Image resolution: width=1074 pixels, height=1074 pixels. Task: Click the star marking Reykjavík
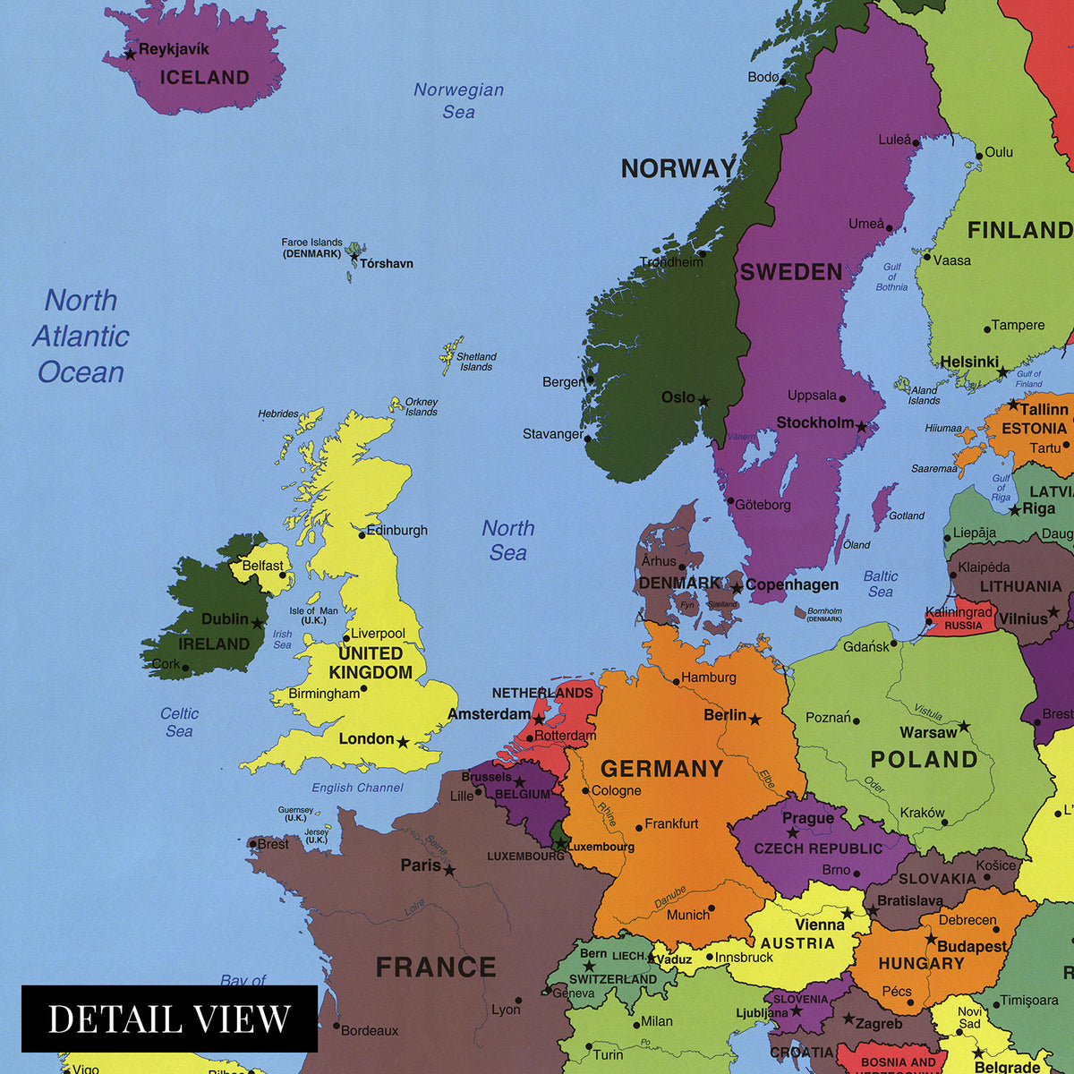pos(130,54)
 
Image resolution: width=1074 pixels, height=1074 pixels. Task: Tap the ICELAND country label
pos(204,78)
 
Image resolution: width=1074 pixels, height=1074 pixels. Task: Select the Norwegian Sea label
pos(458,100)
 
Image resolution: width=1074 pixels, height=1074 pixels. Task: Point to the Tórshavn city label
pos(387,263)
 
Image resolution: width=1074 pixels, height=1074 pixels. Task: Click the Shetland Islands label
pos(476,362)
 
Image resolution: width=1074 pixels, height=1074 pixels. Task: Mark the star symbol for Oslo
pos(704,401)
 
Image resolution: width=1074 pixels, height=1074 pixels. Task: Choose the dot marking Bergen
pos(590,379)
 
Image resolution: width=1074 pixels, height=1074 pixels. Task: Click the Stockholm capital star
pos(862,427)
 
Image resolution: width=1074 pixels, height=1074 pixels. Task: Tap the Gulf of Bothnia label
pos(891,277)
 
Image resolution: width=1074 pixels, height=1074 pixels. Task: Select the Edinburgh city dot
pos(362,534)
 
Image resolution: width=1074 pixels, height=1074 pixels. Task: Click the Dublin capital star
pos(258,623)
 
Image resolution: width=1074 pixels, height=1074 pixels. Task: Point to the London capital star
pos(403,742)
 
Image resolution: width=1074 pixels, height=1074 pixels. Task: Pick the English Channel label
pos(357,788)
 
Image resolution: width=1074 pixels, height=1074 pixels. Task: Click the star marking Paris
pos(449,870)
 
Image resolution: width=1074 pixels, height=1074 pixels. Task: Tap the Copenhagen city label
pos(792,584)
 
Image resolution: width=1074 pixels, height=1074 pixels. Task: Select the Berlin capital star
pos(754,719)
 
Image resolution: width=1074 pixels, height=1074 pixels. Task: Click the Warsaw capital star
pos(964,726)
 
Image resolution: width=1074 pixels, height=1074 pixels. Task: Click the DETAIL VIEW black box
pos(169,1019)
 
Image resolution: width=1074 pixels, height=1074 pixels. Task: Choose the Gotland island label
pos(907,516)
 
